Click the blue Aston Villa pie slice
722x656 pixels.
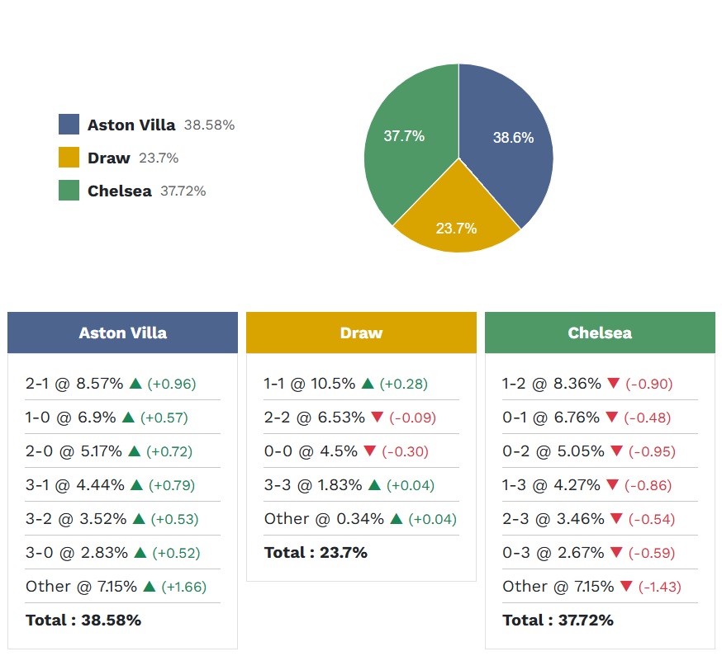pos(508,140)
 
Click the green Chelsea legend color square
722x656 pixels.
pos(69,191)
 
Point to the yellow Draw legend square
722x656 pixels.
pos(69,158)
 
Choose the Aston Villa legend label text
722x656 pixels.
pos(131,125)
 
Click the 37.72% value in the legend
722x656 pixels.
pos(183,191)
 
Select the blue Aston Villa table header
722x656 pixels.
pos(122,333)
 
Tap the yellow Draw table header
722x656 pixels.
pos(361,333)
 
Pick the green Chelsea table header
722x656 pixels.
pos(600,333)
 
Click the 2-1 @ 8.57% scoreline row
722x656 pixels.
pos(74,384)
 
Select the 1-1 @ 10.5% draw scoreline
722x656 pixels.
pos(310,384)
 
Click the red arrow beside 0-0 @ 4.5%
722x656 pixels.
pos(369,451)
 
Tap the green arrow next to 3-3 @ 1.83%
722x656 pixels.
pos(374,485)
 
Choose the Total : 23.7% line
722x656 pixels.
pos(316,553)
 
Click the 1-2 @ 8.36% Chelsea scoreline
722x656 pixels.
pos(552,384)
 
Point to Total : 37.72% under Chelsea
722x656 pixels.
pos(558,621)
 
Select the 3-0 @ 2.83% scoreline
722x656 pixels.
pos(74,553)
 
